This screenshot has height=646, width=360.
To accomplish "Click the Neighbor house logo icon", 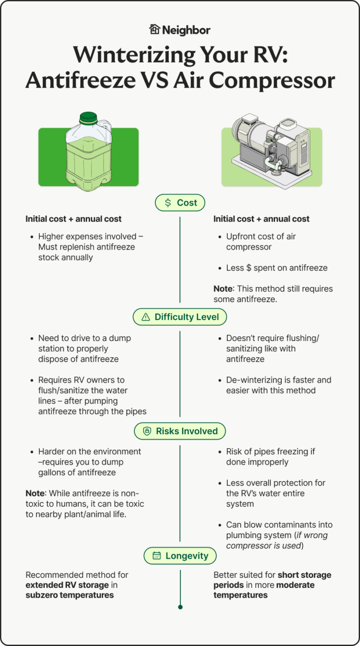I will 155,29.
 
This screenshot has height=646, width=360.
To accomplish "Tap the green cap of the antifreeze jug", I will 88,117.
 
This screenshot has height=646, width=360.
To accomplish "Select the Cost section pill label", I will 180,203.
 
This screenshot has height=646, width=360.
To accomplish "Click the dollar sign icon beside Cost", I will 168,203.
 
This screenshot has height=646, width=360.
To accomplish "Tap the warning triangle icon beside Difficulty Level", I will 146,317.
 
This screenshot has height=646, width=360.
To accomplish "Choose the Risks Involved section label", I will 180,431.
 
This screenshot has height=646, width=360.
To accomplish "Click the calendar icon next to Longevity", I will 157,556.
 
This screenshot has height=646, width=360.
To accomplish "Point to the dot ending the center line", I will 180,607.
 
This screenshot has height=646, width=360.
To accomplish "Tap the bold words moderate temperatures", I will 264,590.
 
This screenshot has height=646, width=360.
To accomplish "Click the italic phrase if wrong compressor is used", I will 277,540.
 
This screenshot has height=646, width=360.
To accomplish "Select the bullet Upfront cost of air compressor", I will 261,242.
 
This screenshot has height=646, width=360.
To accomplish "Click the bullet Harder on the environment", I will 90,462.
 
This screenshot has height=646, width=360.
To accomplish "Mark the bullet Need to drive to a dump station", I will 84,349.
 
